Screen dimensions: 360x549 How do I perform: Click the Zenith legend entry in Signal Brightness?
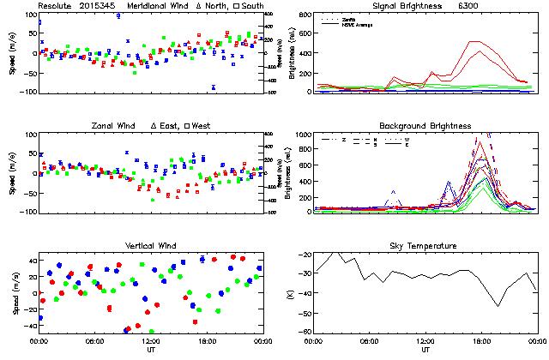tap(349, 17)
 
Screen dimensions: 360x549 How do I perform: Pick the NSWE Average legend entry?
tap(354, 23)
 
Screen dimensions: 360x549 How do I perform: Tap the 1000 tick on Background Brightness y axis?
tap(301, 135)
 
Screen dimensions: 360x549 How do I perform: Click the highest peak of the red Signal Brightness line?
tap(473, 41)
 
